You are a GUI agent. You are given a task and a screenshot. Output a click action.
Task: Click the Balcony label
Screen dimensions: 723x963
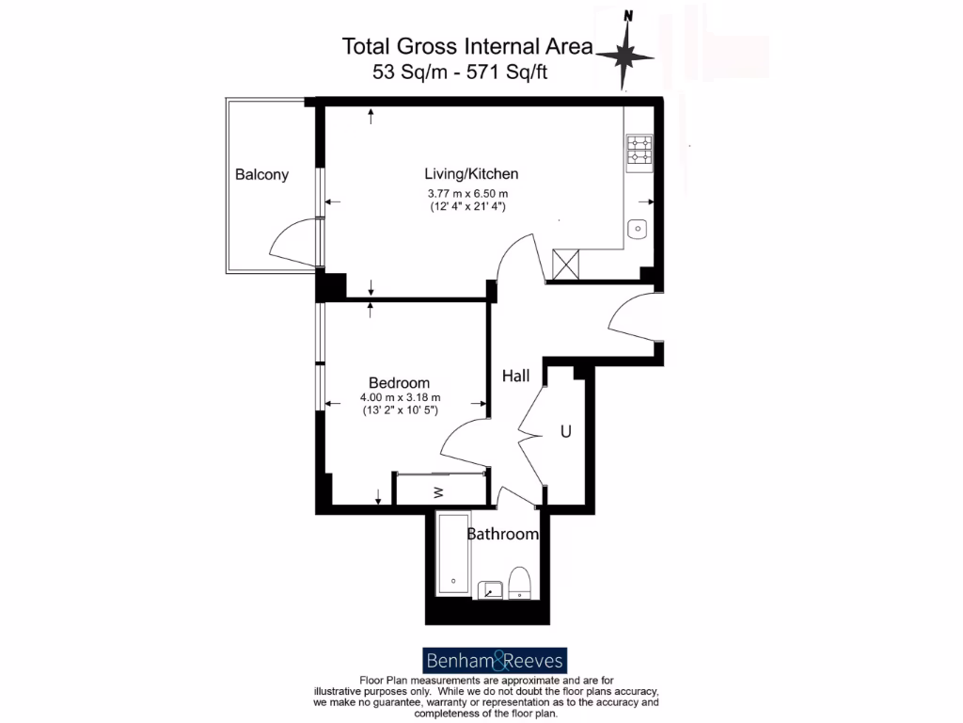261,174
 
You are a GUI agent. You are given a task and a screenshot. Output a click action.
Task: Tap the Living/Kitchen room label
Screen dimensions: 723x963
471,174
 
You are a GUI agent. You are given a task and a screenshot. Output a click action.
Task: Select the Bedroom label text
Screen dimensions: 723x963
399,383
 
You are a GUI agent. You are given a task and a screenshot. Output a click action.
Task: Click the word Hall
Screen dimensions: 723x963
515,376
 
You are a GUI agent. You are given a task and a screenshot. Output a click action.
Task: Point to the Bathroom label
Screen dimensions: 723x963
503,535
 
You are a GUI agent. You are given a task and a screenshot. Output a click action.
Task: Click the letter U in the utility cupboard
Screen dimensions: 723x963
566,432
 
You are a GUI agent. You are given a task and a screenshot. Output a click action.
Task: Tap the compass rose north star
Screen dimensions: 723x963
624,56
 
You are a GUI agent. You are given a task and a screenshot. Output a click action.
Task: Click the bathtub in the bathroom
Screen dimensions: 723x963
453,555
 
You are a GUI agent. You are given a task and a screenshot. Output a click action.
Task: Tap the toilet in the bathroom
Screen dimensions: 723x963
519,583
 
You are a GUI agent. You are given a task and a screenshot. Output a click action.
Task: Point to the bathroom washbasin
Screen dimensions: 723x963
489,589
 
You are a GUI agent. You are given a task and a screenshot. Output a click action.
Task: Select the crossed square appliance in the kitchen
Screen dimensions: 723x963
567,264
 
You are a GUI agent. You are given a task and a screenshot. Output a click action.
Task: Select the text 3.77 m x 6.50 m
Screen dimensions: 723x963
467,194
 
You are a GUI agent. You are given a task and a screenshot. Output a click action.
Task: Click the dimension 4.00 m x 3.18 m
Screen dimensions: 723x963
400,398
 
